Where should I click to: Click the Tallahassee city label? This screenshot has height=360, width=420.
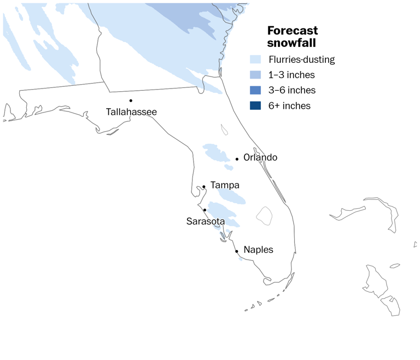(x=131, y=112)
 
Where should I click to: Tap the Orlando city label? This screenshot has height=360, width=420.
(x=260, y=158)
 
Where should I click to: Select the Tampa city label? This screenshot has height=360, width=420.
(x=225, y=186)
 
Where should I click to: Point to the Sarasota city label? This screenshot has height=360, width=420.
(x=206, y=221)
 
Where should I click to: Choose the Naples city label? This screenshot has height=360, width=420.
(x=258, y=250)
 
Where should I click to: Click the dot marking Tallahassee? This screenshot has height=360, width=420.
(x=131, y=101)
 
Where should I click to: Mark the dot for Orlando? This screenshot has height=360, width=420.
(x=237, y=159)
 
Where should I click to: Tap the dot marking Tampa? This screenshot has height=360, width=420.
(x=203, y=187)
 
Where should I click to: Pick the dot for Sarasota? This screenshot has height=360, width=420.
(x=205, y=210)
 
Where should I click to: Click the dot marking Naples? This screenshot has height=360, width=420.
(x=236, y=251)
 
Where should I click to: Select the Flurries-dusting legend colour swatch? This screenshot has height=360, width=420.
(x=255, y=60)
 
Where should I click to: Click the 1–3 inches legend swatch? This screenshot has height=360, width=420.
(x=255, y=75)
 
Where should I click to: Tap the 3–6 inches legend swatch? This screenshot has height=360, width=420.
(x=255, y=90)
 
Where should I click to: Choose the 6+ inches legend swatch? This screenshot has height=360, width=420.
(x=255, y=105)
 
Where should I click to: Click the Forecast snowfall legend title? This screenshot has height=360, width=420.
(x=293, y=37)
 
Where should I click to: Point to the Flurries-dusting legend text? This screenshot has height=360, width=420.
(x=301, y=60)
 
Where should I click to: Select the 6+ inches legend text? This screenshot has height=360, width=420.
(x=289, y=105)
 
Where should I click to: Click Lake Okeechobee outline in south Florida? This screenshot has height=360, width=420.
(x=265, y=215)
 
